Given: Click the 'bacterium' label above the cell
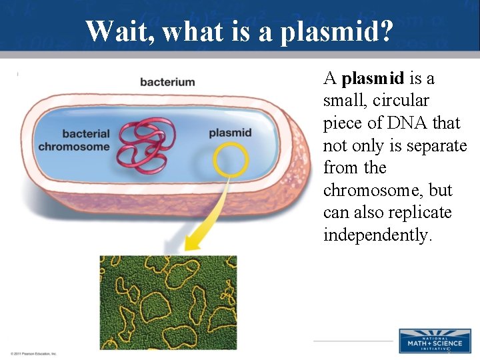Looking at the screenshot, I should pyautogui.click(x=167, y=83).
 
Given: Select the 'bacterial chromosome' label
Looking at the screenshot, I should pyautogui.click(x=74, y=141).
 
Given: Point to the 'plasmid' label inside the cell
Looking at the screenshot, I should pyautogui.click(x=230, y=133).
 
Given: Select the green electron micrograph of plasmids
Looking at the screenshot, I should pyautogui.click(x=168, y=302).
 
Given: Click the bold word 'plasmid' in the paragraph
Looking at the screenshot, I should pyautogui.click(x=373, y=79).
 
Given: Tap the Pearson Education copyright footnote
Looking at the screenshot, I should pyautogui.click(x=34, y=353).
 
